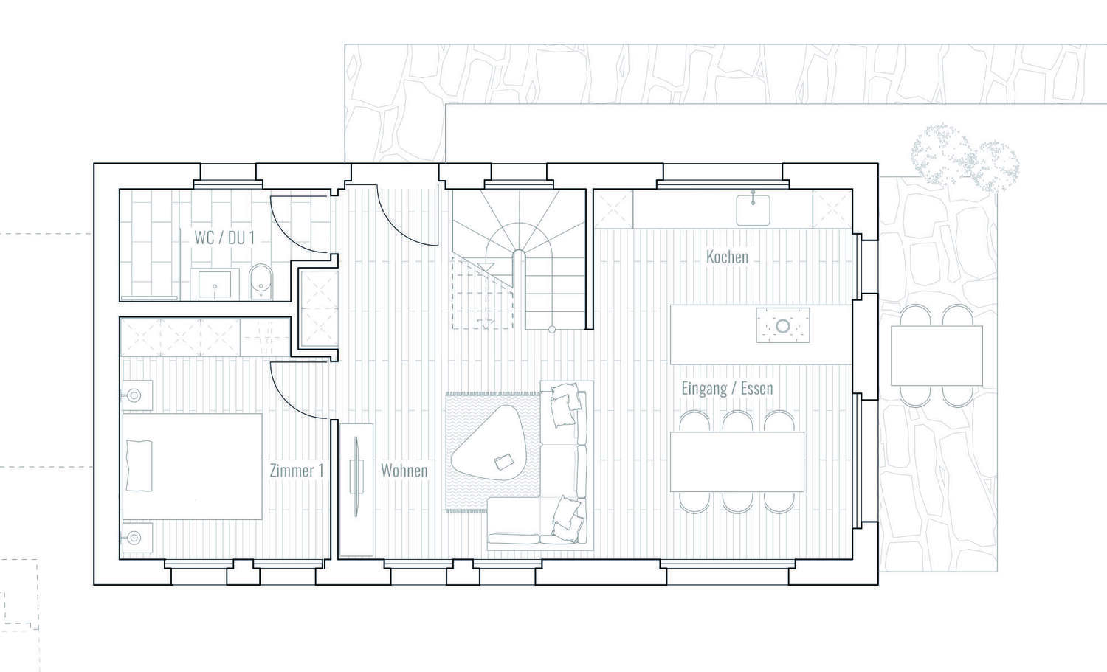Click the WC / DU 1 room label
click(x=224, y=238)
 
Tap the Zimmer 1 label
click(x=297, y=471)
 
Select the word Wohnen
click(x=404, y=471)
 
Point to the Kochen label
click(x=727, y=257)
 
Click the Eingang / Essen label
click(x=727, y=389)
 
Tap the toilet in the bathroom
click(x=261, y=282)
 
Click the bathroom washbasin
click(x=215, y=284)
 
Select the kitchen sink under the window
click(x=753, y=210)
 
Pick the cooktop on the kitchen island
click(x=783, y=325)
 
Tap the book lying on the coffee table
click(x=505, y=463)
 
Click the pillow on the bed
click(x=139, y=465)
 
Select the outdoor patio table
click(x=937, y=356)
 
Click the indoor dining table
click(x=737, y=462)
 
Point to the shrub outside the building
click(x=964, y=157)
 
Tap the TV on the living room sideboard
click(x=356, y=477)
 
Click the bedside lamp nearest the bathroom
click(x=134, y=395)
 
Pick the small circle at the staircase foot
click(x=552, y=330)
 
